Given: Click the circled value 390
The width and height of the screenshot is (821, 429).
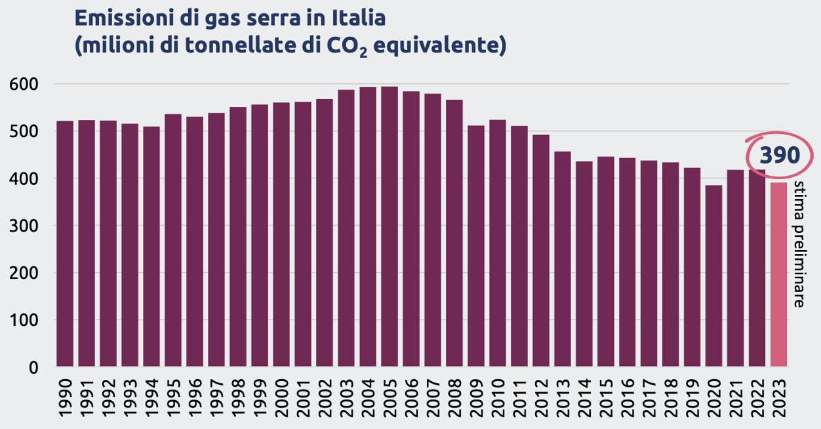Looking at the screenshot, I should click(x=780, y=155).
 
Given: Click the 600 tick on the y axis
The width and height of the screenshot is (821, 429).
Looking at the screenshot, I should click(x=24, y=85).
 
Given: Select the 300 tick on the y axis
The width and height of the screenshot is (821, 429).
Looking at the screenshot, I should click(x=24, y=226).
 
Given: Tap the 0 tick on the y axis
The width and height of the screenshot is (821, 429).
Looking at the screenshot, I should click(x=33, y=368).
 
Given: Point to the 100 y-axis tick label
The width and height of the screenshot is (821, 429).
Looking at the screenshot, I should click(x=24, y=321).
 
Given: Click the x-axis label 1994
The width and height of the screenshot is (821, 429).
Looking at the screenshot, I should click(x=151, y=398).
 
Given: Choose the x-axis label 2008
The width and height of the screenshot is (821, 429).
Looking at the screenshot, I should click(x=454, y=398).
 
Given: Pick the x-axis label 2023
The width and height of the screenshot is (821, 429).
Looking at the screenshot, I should click(x=779, y=398).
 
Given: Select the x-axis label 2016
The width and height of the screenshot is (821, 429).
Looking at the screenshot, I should click(x=628, y=398).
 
